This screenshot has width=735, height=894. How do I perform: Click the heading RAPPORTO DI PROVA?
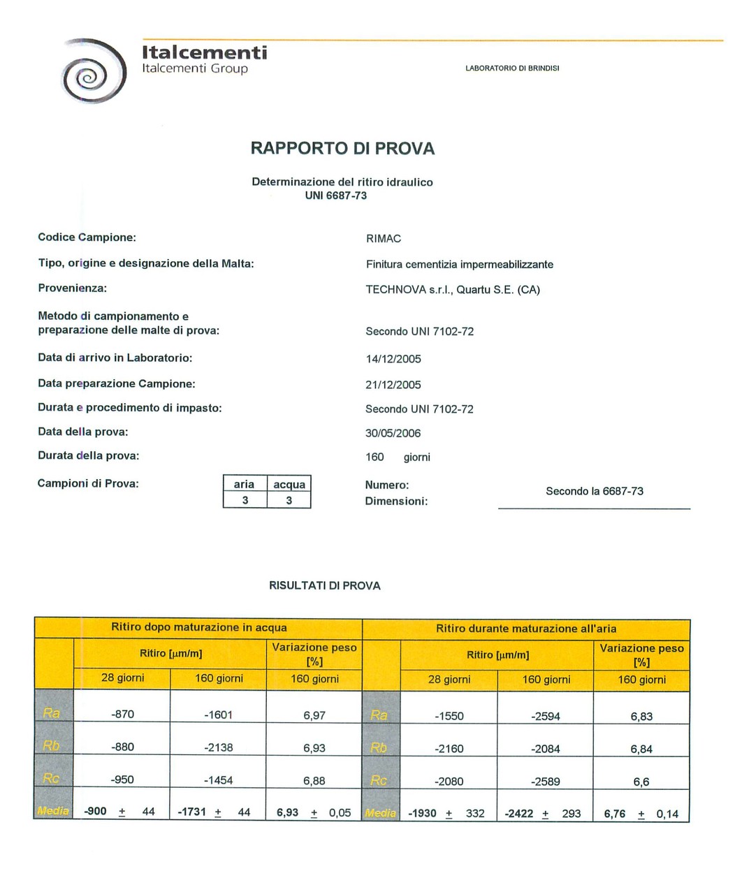pos(342,148)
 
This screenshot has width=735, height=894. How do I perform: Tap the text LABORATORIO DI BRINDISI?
pos(512,68)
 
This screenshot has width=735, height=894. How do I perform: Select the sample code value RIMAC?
pos(384,239)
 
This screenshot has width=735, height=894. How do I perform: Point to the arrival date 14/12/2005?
pos(393,359)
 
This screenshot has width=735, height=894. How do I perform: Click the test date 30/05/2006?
pos(393,433)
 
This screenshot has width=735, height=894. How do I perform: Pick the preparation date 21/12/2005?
pos(393,385)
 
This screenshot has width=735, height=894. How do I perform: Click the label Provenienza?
pos(72,288)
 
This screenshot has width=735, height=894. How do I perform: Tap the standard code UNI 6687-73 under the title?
pos(336,196)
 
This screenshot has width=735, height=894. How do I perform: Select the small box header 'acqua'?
pos(289,485)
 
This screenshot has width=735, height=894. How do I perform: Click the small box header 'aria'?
pos(244,484)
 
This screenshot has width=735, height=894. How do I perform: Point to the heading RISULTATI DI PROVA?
pos(325,586)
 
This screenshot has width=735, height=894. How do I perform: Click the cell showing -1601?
pos(219,715)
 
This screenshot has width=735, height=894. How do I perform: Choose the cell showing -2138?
pos(219,747)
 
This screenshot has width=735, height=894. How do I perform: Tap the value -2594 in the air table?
pos(546,716)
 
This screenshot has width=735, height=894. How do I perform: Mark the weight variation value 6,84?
pos(641,749)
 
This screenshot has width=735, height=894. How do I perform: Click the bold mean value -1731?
pos(193,812)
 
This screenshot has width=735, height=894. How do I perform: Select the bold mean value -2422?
pos(520,814)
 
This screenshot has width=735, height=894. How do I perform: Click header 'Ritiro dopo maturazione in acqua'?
pos(199,627)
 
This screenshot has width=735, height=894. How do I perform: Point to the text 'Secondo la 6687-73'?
pos(595,492)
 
